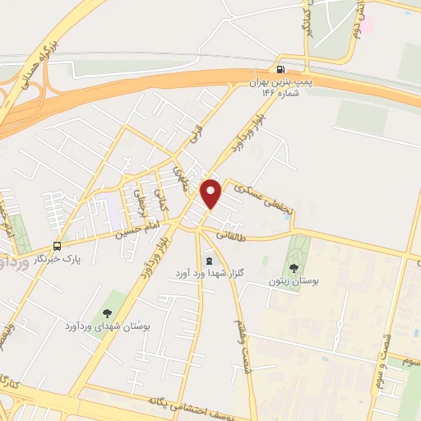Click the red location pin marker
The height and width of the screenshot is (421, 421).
click(x=212, y=193)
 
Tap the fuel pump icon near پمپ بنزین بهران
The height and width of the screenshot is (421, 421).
click(x=282, y=70)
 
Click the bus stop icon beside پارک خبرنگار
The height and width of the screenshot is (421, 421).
click(x=58, y=245)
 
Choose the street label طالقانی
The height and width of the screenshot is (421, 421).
click(x=234, y=234)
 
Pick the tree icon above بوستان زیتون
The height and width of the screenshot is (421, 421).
click(x=294, y=266)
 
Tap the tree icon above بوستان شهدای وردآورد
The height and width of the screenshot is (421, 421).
click(x=107, y=312)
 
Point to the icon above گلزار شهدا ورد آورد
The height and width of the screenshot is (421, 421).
click(x=207, y=261)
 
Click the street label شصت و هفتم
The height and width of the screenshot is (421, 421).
click(x=243, y=345)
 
